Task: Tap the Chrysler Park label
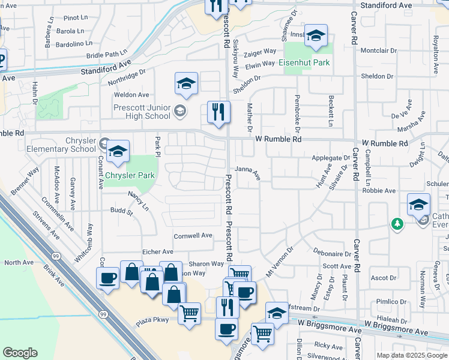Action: pyautogui.click(x=130, y=176)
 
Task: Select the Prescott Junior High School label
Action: pyautogui.click(x=142, y=112)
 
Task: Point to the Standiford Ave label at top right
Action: pyautogui.click(x=386, y=5)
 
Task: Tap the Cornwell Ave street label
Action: pyautogui.click(x=193, y=236)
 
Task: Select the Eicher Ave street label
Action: pyautogui.click(x=157, y=252)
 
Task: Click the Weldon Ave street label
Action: pyautogui.click(x=131, y=95)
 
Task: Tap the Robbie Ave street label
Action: pyautogui.click(x=379, y=191)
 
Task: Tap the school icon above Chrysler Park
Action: pyautogui.click(x=118, y=152)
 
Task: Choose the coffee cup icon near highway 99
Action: pyautogui.click(x=108, y=278)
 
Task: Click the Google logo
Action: pyautogui.click(x=20, y=353)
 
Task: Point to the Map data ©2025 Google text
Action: pyautogui.click(x=412, y=355)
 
